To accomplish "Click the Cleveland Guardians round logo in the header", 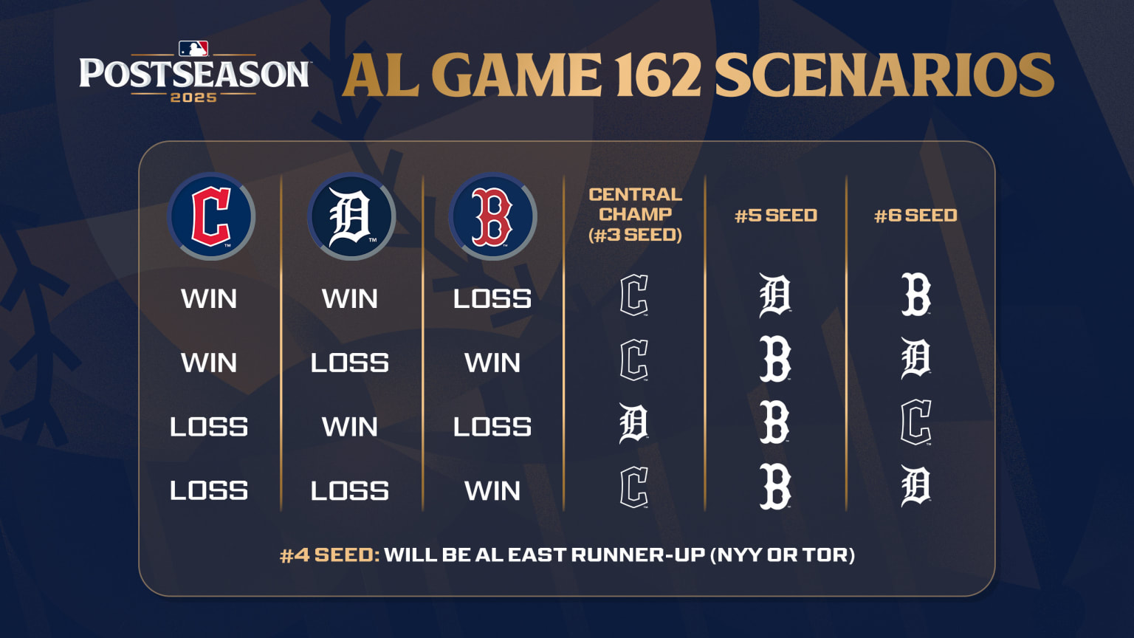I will pyautogui.click(x=211, y=216).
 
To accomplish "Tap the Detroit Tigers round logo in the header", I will pyautogui.click(x=351, y=216).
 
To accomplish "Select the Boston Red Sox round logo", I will pyautogui.click(x=492, y=216).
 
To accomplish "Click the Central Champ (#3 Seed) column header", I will pyautogui.click(x=635, y=215).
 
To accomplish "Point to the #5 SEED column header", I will pyautogui.click(x=776, y=216).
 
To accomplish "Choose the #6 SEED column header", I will pyautogui.click(x=915, y=216).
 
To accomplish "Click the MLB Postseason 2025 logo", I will pyautogui.click(x=194, y=72).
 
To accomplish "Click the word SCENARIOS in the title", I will pyautogui.click(x=884, y=75).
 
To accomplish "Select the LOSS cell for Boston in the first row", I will pyautogui.click(x=492, y=299).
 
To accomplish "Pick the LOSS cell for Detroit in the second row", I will pyautogui.click(x=350, y=363).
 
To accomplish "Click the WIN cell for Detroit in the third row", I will pyautogui.click(x=350, y=427).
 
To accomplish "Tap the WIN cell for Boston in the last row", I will pyautogui.click(x=492, y=491).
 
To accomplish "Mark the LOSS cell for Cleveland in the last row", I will pyautogui.click(x=209, y=491).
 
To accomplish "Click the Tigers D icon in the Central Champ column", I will pyautogui.click(x=633, y=423).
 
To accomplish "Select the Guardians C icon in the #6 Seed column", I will pyautogui.click(x=916, y=423).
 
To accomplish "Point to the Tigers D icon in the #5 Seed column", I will pyautogui.click(x=775, y=295).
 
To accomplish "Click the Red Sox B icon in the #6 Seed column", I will pyautogui.click(x=916, y=295).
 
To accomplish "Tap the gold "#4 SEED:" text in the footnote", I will pyautogui.click(x=329, y=555).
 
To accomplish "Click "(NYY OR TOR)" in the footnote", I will pyautogui.click(x=782, y=555).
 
